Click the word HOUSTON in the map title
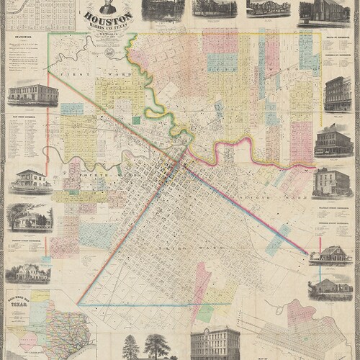pyautogui.click(x=108, y=18)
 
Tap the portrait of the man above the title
pyautogui.click(x=107, y=6)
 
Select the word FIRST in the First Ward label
pyautogui.click(x=71, y=73)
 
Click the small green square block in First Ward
pyautogui.click(x=72, y=109)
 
